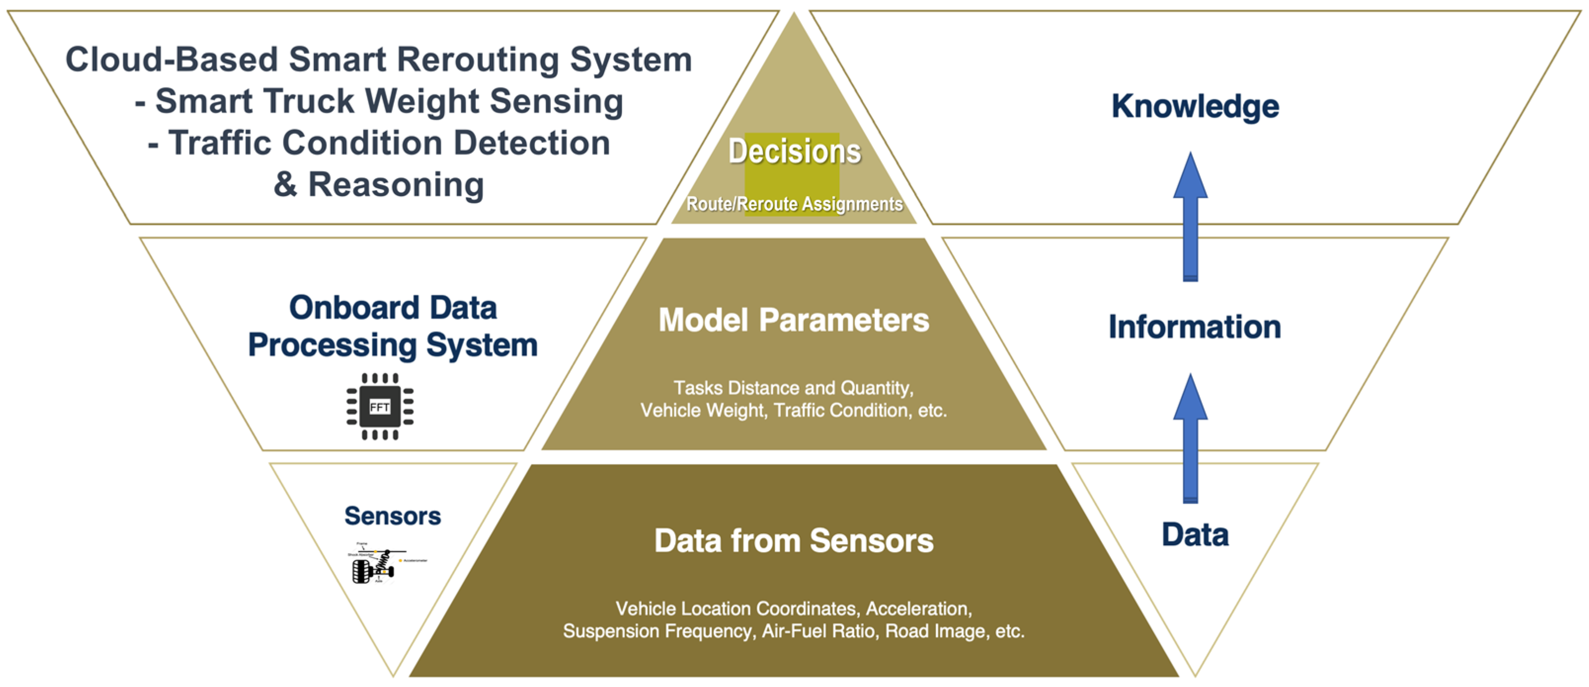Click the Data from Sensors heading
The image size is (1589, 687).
pyautogui.click(x=793, y=541)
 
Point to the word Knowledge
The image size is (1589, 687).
pyautogui.click(x=1195, y=106)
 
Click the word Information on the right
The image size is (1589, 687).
pyautogui.click(x=1194, y=326)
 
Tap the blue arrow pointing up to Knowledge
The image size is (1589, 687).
pyautogui.click(x=1190, y=216)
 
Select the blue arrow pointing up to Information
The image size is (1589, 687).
pyautogui.click(x=1190, y=438)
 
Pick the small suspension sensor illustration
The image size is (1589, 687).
pyautogui.click(x=380, y=563)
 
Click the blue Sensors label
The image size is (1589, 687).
pyautogui.click(x=392, y=516)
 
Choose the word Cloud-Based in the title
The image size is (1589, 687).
pyautogui.click(x=171, y=60)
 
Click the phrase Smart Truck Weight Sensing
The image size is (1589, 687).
pyautogui.click(x=388, y=101)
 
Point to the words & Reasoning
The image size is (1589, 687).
pyautogui.click(x=378, y=185)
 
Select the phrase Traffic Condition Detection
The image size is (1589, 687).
pyautogui.click(x=388, y=143)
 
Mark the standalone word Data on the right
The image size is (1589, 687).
pyautogui.click(x=1195, y=534)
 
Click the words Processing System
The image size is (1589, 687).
pyautogui.click(x=392, y=345)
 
